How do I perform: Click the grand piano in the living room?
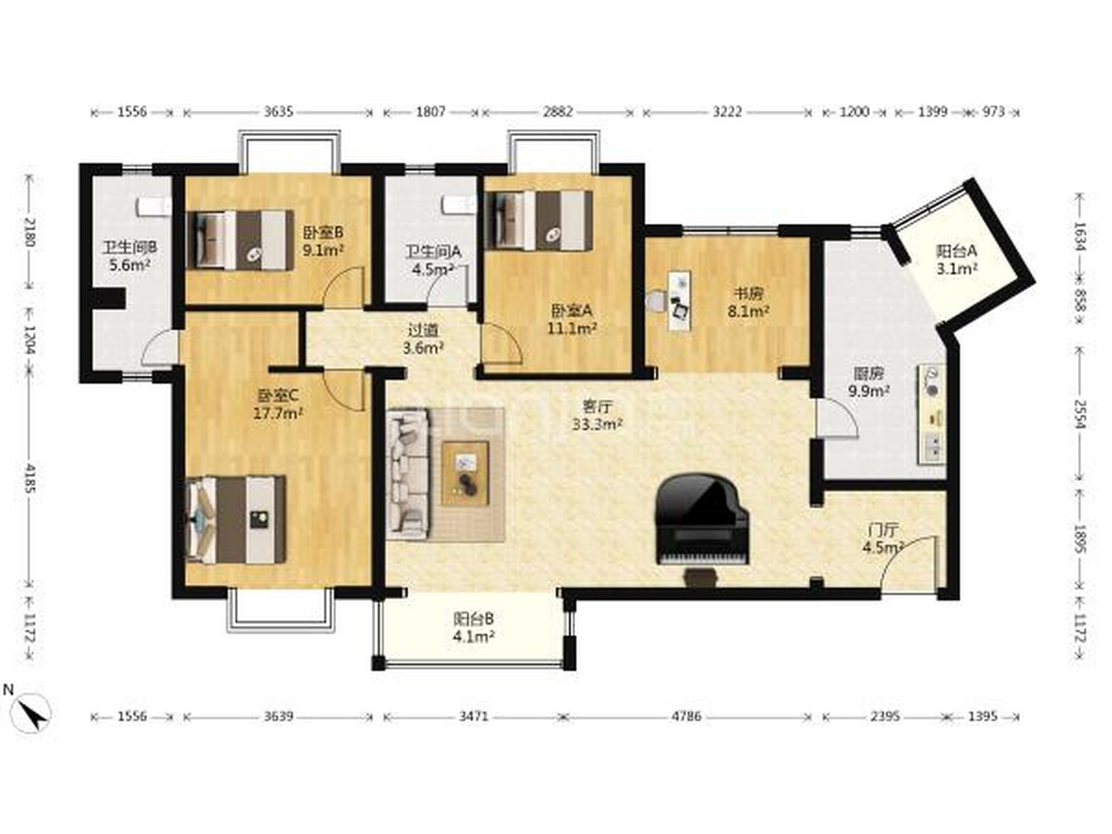[702, 521]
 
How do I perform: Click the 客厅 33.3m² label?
[597, 415]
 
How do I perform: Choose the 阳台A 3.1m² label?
[956, 259]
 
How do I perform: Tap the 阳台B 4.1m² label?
[474, 627]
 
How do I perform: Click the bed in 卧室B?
[240, 240]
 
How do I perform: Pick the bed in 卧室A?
[540, 220]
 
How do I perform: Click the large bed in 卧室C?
[235, 519]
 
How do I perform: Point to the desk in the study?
[679, 300]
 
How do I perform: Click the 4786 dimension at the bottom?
[687, 717]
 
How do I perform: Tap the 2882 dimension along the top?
[558, 111]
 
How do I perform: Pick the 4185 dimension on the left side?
[29, 478]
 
